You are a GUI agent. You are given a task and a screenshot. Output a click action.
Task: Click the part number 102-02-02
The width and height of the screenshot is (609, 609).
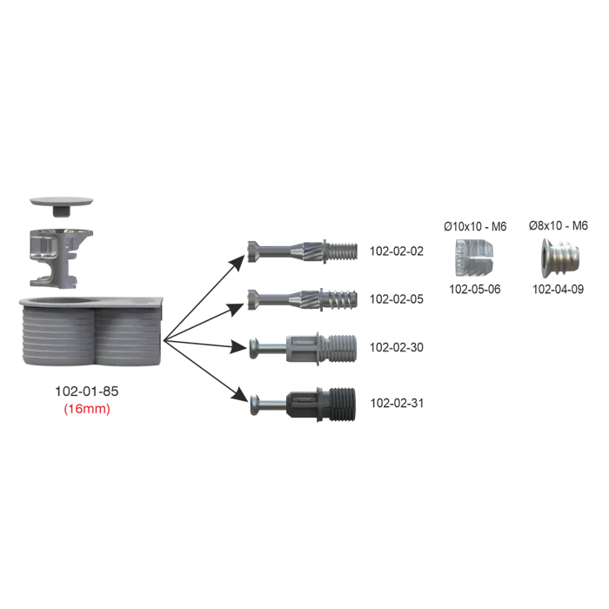click(x=396, y=251)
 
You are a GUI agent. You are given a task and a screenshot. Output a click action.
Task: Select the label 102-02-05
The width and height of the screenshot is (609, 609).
click(x=396, y=299)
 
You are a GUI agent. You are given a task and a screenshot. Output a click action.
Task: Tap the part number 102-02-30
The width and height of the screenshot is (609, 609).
click(x=396, y=347)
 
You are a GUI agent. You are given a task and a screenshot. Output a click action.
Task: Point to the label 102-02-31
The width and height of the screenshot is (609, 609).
click(x=397, y=403)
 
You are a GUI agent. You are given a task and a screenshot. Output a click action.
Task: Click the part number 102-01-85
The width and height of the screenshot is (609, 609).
click(x=87, y=391)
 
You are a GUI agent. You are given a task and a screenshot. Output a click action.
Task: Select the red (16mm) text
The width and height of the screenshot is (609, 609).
click(x=87, y=409)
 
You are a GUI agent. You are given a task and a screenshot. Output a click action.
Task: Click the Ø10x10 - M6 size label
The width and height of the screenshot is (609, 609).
click(x=475, y=226)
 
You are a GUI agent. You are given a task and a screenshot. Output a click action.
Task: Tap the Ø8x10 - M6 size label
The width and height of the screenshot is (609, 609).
click(x=559, y=225)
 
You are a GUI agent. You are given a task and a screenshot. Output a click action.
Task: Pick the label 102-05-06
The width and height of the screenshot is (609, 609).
click(x=475, y=290)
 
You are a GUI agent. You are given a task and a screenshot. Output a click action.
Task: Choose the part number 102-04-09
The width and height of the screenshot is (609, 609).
click(x=559, y=290)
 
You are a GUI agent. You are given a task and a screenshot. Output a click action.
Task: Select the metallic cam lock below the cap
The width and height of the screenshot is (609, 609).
click(x=62, y=258)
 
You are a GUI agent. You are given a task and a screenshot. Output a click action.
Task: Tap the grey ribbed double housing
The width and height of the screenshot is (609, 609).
click(x=90, y=331)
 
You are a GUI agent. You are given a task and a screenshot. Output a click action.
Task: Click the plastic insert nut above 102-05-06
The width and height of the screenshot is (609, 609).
click(x=474, y=258)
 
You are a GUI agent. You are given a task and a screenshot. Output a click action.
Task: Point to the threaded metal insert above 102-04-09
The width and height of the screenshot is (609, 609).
click(x=560, y=258)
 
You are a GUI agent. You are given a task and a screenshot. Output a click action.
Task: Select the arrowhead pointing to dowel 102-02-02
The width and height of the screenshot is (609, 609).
click(x=238, y=263)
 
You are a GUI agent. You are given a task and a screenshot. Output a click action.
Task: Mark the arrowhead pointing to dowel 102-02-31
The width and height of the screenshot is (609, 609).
click(x=239, y=395)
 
